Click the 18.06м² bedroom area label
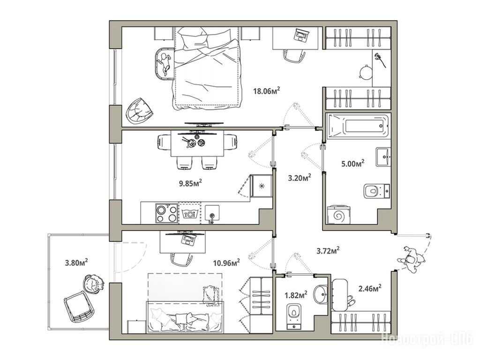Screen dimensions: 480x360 click(x=267, y=90)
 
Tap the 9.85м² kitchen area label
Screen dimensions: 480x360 click(x=190, y=183)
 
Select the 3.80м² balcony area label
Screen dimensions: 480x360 click(x=76, y=262)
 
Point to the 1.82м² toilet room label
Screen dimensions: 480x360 click(x=296, y=295)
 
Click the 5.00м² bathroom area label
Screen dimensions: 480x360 click(x=352, y=163)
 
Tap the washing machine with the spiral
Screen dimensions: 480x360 click(x=338, y=216)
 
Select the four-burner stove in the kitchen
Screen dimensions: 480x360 click(x=167, y=213)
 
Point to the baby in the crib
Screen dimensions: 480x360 click(x=165, y=64)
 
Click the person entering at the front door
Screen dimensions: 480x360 click(x=412, y=259)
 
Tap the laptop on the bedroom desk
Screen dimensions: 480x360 click(x=301, y=35)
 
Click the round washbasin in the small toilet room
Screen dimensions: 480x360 click(x=321, y=293)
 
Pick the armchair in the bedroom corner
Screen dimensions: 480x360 click(x=140, y=111)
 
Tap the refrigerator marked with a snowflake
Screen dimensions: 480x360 click(x=262, y=186)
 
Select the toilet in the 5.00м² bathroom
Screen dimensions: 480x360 click(x=376, y=191)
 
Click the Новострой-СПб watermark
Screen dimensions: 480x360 click(x=427, y=339)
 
